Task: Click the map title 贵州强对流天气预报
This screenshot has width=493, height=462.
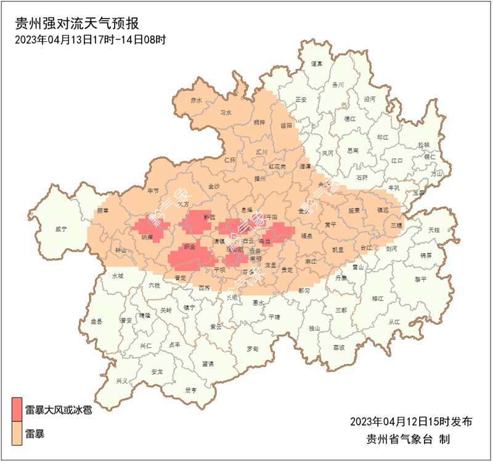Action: coord(77,24)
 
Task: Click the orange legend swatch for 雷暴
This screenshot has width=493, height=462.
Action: coord(17,434)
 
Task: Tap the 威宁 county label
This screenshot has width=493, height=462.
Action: coord(60,229)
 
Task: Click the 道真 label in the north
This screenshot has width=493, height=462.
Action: coord(316,63)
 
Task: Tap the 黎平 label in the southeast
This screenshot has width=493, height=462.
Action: coord(421,278)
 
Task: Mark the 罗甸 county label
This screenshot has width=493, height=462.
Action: coord(253,349)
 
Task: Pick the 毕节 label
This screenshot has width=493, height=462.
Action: coord(153,191)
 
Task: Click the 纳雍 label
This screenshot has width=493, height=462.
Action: coord(147,236)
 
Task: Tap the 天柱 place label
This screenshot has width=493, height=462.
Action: coord(434,230)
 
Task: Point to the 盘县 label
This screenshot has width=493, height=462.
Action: coord(96,322)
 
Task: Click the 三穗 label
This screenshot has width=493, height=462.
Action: coord(396,225)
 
